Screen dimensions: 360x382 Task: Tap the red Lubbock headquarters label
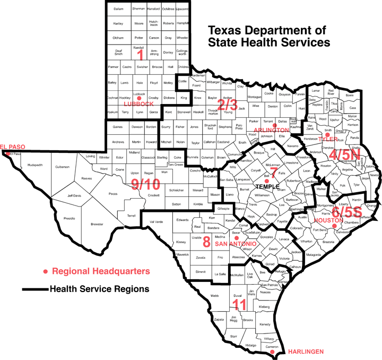[138, 104]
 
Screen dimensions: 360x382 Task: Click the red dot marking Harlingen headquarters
[272, 352]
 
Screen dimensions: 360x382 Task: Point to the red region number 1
[140, 55]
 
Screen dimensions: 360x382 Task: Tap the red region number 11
[240, 305]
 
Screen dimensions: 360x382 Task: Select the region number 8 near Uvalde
[206, 242]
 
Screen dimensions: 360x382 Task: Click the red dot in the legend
[46, 271]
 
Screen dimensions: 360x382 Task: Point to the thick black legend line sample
[34, 290]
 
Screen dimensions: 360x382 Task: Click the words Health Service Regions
[99, 290]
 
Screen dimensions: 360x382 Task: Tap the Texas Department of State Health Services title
[267, 36]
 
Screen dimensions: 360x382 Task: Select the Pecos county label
[113, 194]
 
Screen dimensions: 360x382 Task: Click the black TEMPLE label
[266, 187]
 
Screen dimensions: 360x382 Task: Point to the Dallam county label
[119, 9]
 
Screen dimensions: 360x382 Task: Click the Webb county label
[214, 295]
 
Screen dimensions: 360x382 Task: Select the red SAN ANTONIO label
[235, 244]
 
